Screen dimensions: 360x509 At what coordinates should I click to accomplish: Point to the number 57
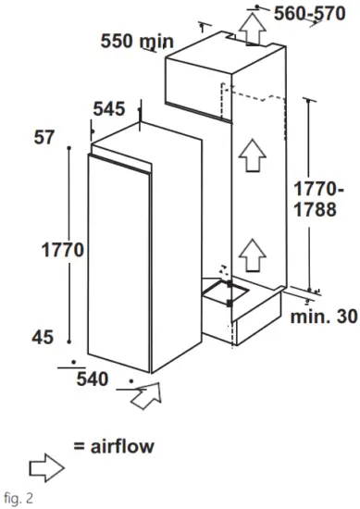click(43, 139)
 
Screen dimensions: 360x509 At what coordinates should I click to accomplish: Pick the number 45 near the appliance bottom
click(43, 339)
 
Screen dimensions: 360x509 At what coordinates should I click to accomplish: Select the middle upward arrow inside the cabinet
click(248, 157)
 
